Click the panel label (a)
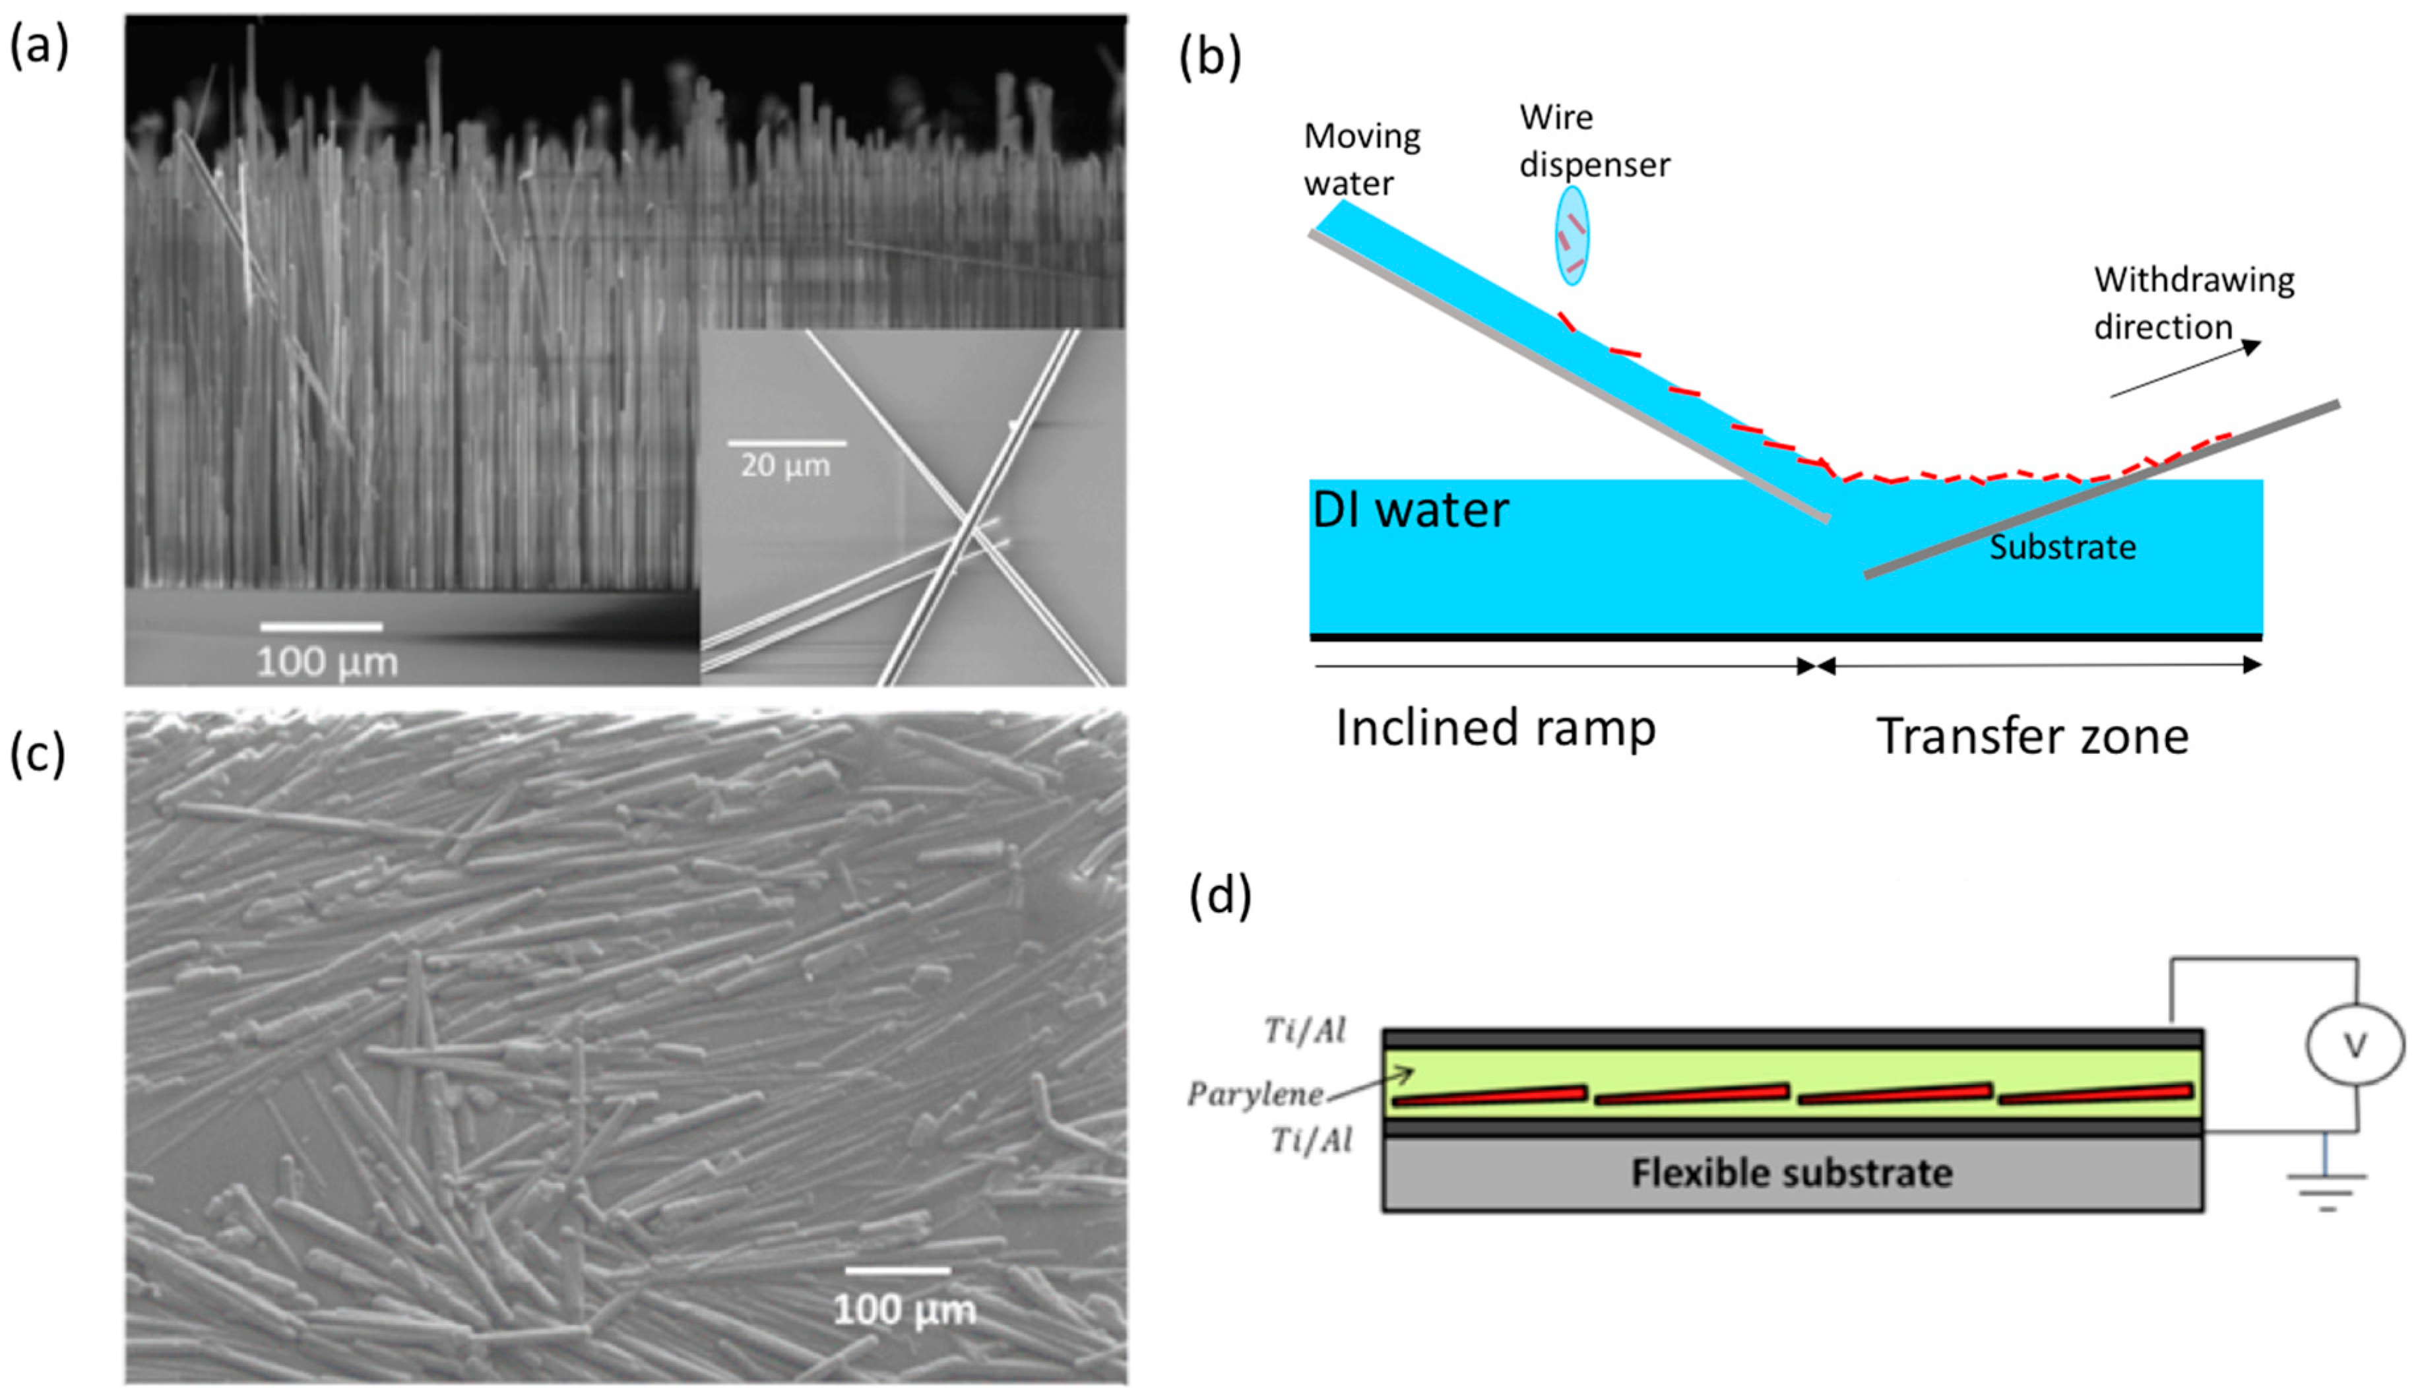38,45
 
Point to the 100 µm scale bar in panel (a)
321,627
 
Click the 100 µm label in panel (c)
904,1310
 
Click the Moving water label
1360,159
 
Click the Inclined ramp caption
1495,728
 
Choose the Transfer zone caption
2032,737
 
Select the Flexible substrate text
1791,1173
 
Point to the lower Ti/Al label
1311,1141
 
